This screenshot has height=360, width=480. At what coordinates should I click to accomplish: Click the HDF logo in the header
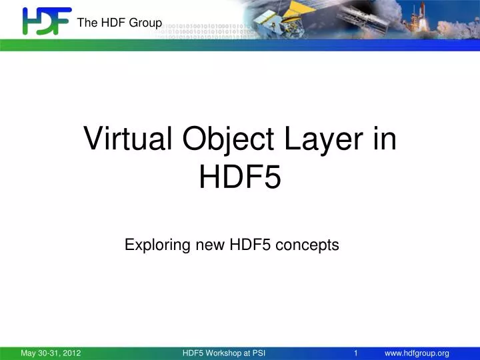point(46,21)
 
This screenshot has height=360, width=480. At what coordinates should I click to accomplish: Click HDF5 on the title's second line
point(240,177)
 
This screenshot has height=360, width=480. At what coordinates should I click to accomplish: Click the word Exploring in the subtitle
point(157,245)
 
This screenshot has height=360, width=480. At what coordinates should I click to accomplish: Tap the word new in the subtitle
point(211,245)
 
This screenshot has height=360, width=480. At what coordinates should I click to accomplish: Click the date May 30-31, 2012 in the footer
point(51,353)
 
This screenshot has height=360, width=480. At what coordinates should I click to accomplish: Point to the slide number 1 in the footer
point(357,353)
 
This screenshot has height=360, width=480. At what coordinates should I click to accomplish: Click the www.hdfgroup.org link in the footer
point(417,353)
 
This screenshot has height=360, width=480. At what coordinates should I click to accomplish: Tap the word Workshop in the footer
point(227,353)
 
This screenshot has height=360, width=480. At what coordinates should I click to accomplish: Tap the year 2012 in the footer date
point(71,353)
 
